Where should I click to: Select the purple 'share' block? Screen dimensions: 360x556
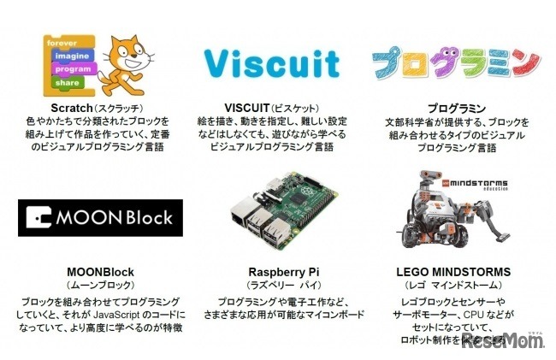(x=68, y=83)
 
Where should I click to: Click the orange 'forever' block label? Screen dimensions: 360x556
(x=62, y=41)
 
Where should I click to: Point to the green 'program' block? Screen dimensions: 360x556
(x=73, y=68)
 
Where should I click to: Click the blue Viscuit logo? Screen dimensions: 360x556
(x=272, y=62)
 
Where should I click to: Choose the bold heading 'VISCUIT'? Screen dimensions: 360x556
(x=246, y=109)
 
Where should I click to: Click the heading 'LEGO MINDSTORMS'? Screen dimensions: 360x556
(x=454, y=272)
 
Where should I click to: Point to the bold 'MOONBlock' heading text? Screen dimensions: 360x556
(x=100, y=272)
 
